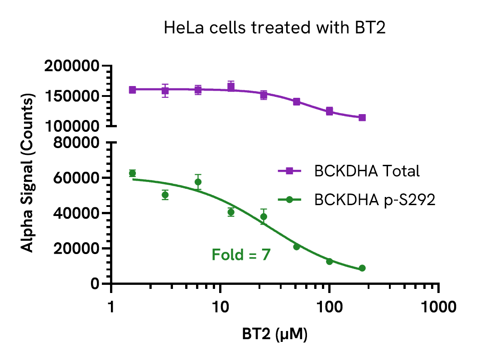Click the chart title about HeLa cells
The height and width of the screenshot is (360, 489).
tap(274, 28)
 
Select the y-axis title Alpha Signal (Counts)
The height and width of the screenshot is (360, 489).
tap(28, 173)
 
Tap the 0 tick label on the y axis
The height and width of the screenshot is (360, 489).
tap(95, 284)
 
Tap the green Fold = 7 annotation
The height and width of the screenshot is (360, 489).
tap(241, 255)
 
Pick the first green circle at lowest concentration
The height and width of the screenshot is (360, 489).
tap(132, 173)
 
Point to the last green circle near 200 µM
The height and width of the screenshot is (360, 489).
tap(362, 269)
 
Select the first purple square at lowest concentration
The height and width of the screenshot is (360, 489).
tap(132, 90)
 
